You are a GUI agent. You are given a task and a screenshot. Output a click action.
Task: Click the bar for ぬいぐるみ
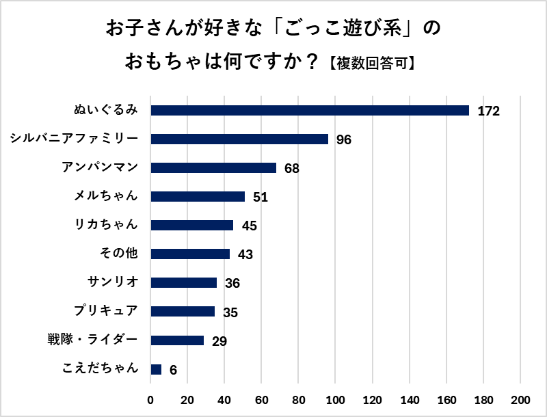tap(310, 111)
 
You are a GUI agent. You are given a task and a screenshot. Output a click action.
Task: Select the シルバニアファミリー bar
tap(239, 139)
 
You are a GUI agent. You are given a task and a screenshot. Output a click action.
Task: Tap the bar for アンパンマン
tap(213, 168)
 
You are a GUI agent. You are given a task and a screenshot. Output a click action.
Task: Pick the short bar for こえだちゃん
tap(156, 369)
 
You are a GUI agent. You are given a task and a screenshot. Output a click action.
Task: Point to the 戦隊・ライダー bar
tap(177, 340)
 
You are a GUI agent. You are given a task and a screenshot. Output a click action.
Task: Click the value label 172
tap(490, 111)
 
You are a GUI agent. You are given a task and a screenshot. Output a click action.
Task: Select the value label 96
tap(343, 140)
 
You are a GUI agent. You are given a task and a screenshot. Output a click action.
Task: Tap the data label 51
tap(260, 198)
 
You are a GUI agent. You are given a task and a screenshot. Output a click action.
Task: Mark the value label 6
tap(173, 370)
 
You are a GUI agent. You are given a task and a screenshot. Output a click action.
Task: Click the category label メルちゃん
tap(106, 196)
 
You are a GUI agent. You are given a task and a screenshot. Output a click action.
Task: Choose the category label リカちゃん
tap(106, 225)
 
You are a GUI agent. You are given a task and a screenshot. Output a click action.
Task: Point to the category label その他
tap(119, 254)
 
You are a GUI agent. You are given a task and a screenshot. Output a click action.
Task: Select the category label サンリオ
tap(113, 282)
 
